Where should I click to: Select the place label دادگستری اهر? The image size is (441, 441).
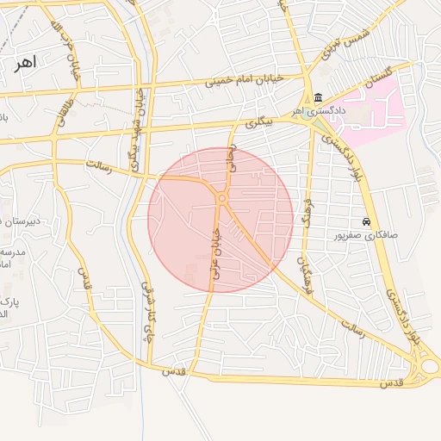(318, 110)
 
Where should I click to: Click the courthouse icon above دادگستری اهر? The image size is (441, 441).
(319, 96)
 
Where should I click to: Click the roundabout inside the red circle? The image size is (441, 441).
(222, 199)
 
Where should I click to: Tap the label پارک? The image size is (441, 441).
(7, 302)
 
